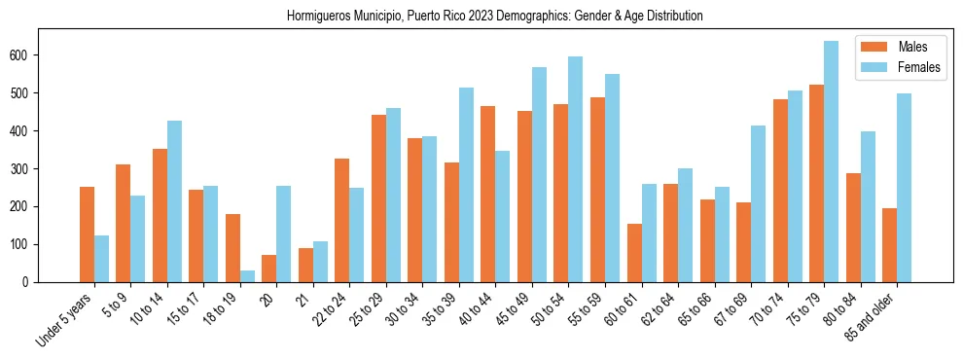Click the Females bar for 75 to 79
pos(831,162)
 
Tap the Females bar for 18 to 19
pos(232,276)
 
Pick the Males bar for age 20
pos(269,269)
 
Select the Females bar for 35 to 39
pos(466,185)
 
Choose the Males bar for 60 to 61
pos(634,253)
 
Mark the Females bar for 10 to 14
pos(174,201)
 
